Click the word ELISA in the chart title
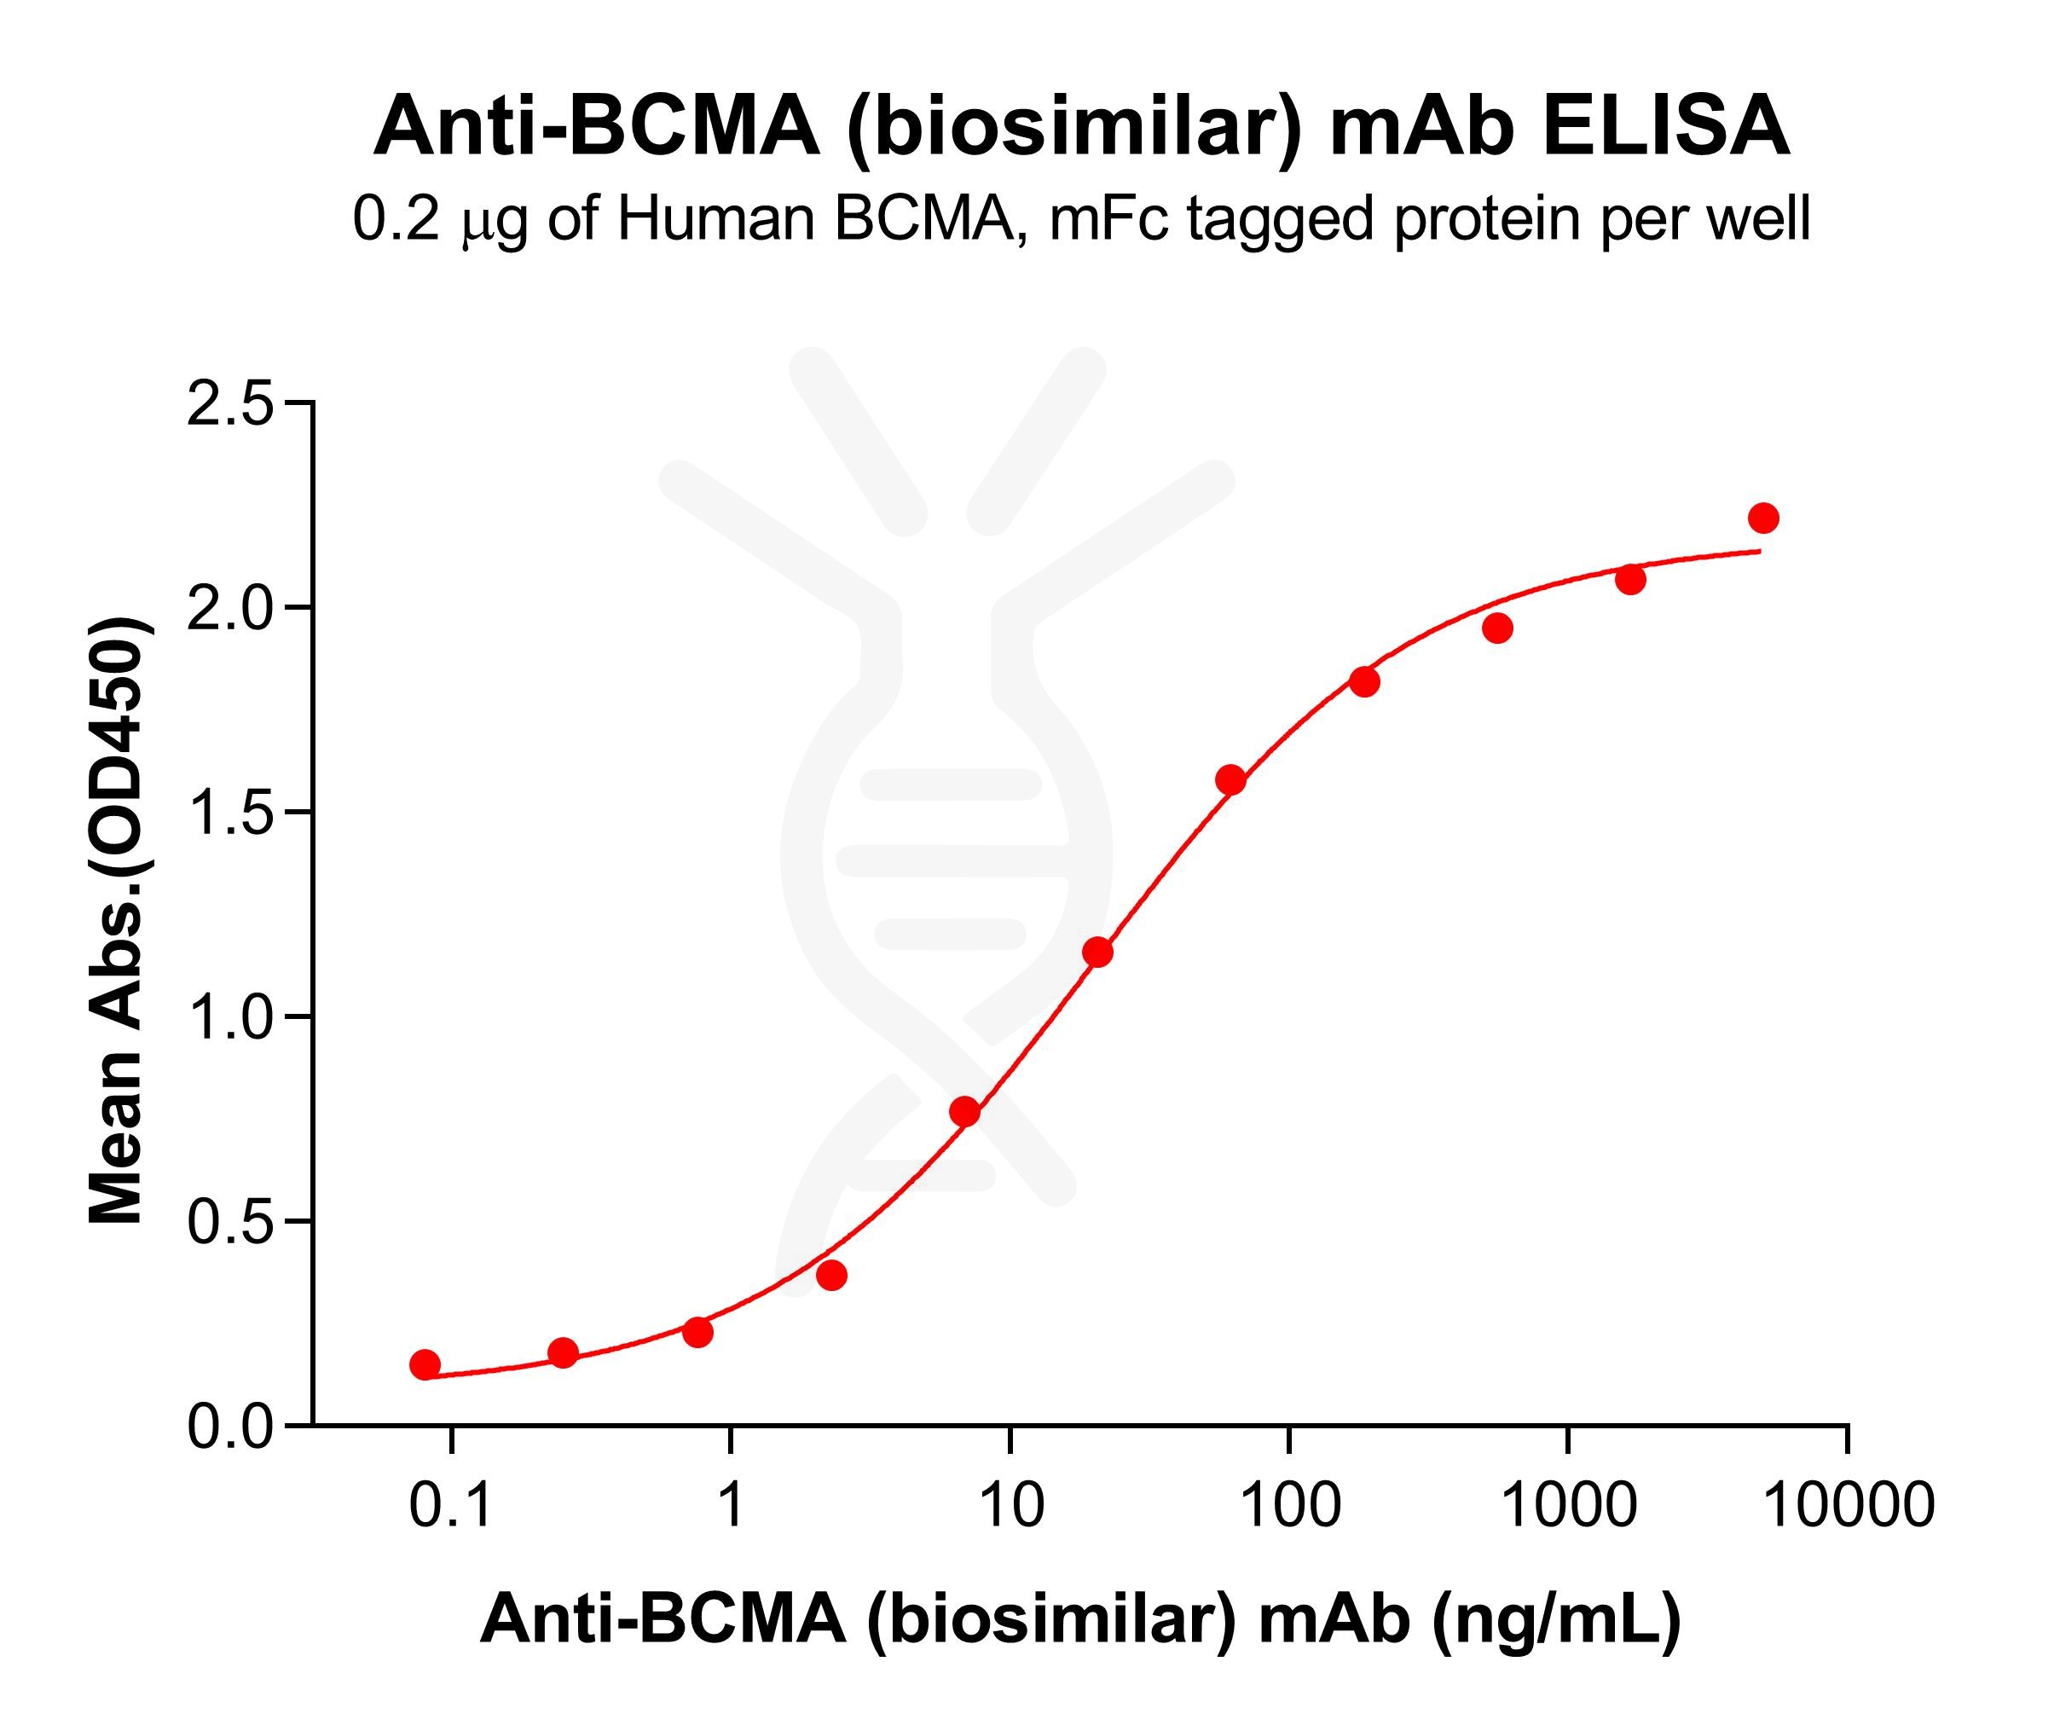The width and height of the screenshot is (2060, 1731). (x=1666, y=129)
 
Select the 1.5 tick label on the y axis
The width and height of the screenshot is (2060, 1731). (x=229, y=813)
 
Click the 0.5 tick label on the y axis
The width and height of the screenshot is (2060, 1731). (x=229, y=1223)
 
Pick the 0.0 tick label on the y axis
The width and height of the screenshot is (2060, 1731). (x=229, y=1427)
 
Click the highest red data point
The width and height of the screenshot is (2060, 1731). (x=1762, y=518)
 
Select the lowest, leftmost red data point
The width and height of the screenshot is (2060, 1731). (x=425, y=1364)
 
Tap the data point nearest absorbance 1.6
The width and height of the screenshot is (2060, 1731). (x=1230, y=780)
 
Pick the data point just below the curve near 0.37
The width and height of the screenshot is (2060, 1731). (x=832, y=1276)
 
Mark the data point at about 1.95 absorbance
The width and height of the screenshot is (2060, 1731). (x=1497, y=628)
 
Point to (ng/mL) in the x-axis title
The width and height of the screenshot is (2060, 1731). (x=1556, y=1619)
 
